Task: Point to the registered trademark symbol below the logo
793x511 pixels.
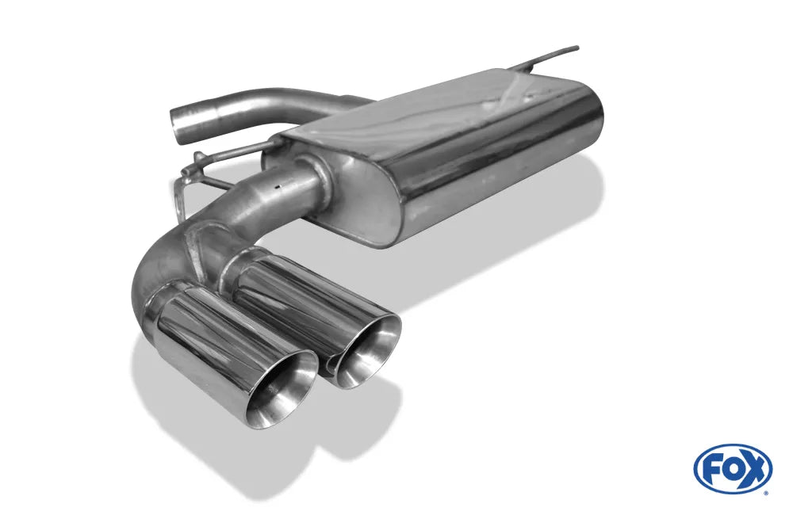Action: [x=764, y=492]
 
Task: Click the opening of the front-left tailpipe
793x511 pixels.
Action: [x=281, y=391]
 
